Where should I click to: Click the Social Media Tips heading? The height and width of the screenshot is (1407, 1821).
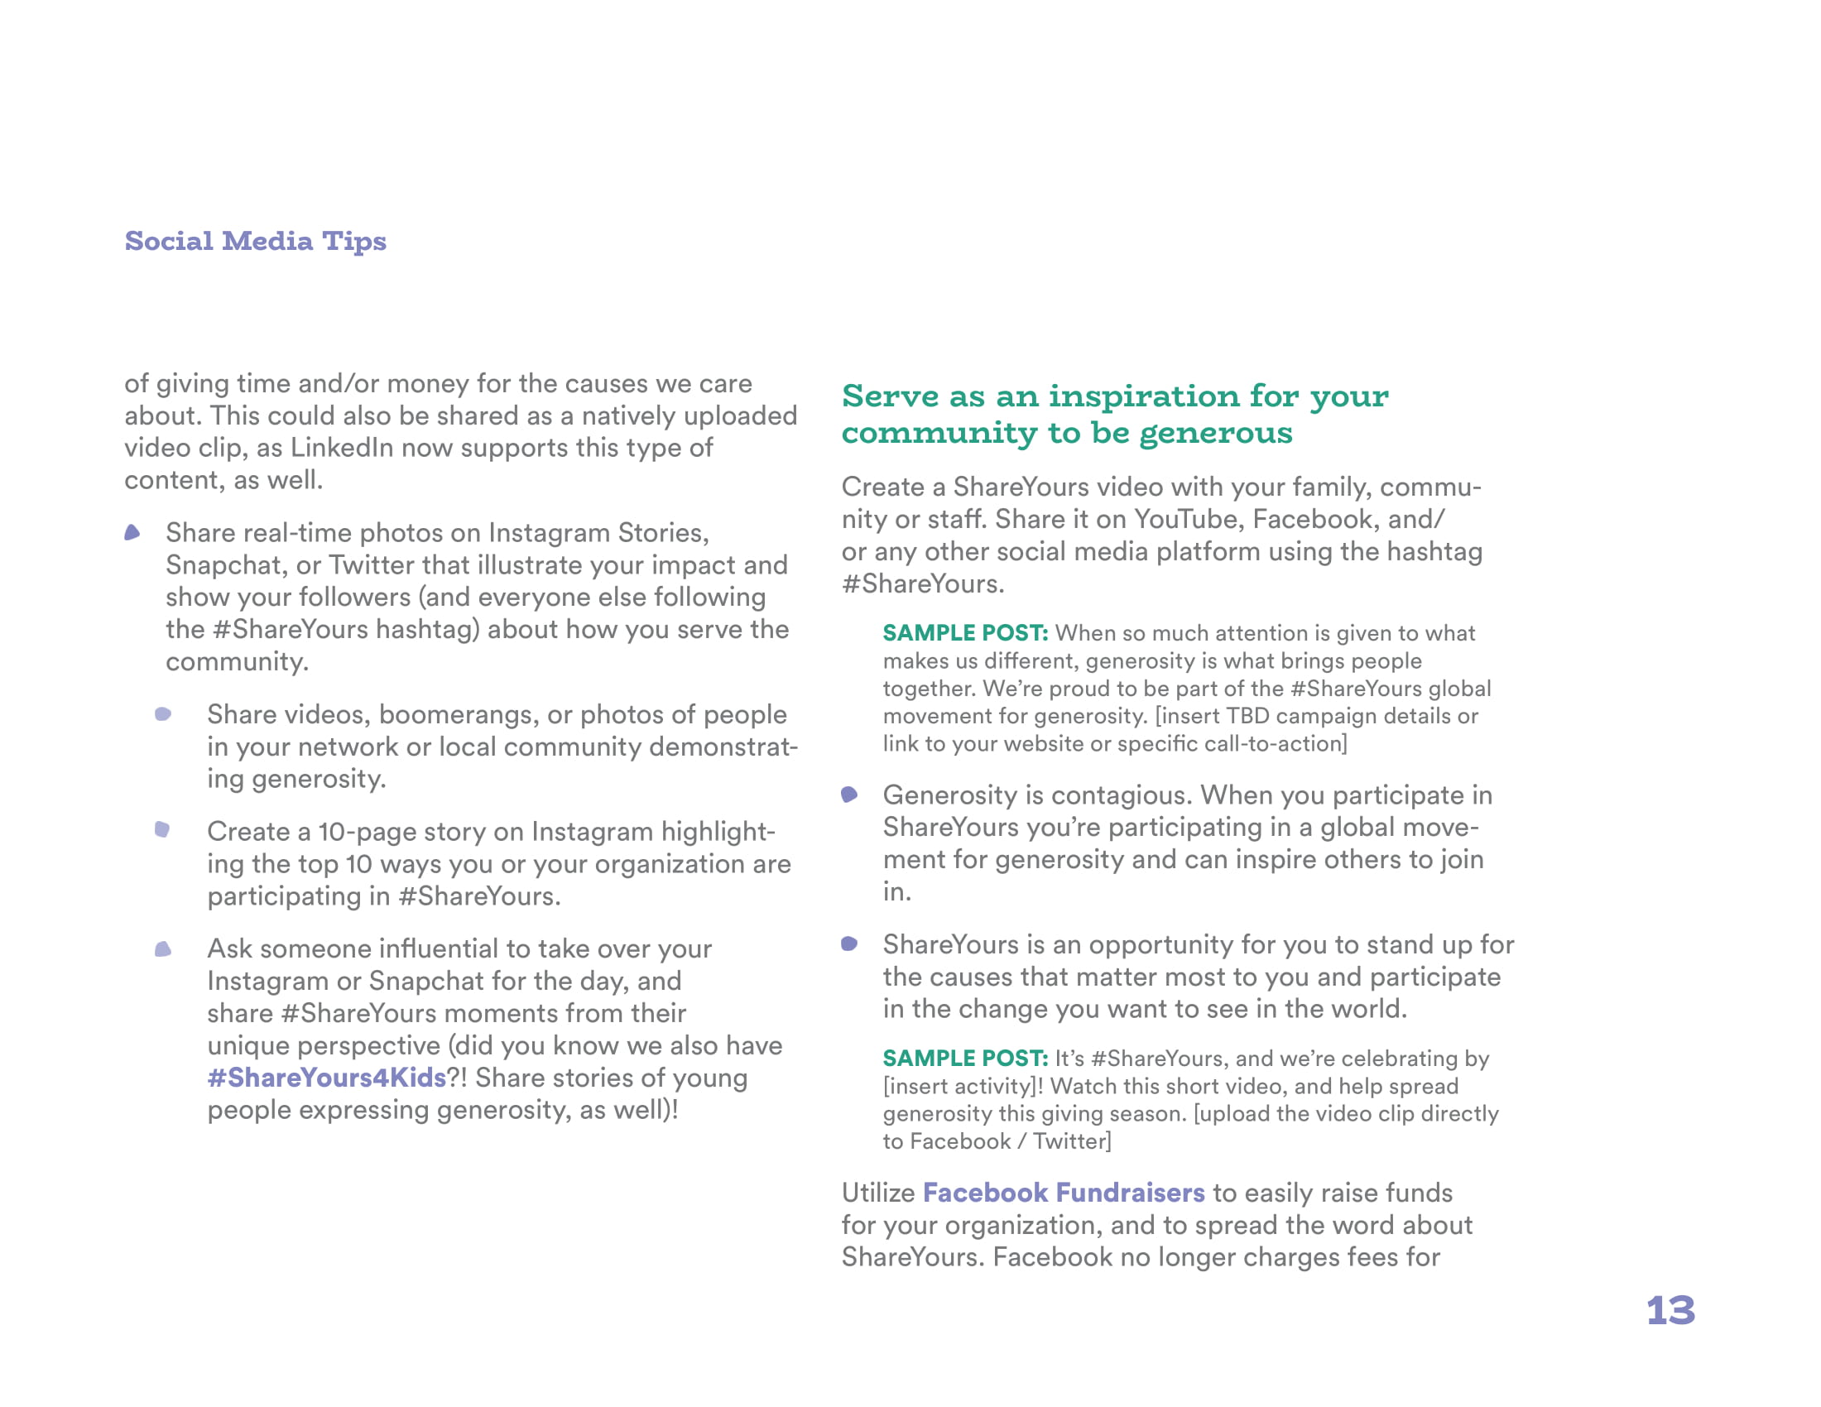255,241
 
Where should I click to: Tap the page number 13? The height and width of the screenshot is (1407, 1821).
1670,1310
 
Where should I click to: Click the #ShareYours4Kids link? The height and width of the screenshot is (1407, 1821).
327,1078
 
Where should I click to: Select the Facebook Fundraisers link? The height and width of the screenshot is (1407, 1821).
1063,1193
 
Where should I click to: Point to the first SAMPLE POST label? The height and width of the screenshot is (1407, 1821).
964,633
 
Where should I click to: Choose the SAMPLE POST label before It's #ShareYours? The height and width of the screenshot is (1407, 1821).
964,1059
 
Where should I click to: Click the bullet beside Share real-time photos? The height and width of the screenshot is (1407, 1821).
132,533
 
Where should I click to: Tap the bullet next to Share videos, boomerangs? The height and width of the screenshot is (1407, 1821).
163,714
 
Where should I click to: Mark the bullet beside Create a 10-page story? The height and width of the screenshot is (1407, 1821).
162,829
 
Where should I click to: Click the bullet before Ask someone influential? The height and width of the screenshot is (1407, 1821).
163,949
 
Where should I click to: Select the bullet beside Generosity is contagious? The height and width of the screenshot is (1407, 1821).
849,795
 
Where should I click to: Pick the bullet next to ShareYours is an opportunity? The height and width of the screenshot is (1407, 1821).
849,944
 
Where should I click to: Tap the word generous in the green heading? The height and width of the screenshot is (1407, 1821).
1216,433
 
